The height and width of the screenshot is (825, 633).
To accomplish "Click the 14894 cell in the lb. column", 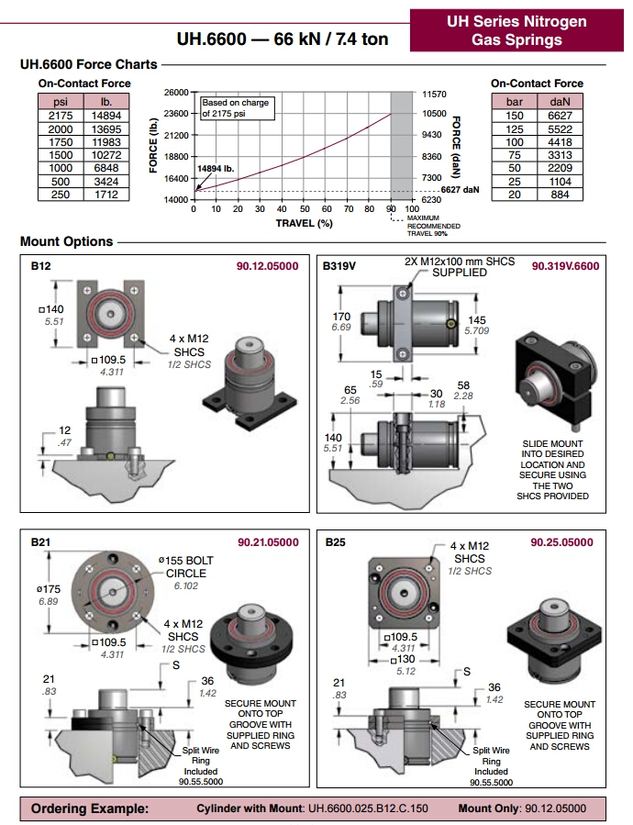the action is coord(106,116).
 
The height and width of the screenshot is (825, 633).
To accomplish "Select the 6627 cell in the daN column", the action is coord(560,116).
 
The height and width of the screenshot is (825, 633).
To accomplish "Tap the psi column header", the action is coord(61,102).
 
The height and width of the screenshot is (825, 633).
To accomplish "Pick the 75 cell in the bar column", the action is coord(514,155).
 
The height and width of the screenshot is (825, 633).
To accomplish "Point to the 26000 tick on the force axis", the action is coord(176,93).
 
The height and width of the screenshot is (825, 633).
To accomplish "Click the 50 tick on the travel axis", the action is coord(305,209).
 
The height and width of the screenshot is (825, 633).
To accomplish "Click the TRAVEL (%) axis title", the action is coord(305,223).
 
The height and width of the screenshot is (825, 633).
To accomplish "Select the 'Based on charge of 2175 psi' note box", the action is coord(237,108).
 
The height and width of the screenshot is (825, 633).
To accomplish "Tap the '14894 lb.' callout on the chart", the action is coord(216,169).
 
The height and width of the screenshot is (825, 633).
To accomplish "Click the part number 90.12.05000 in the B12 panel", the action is coord(267,266).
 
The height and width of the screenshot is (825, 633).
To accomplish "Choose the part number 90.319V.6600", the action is coord(565,266).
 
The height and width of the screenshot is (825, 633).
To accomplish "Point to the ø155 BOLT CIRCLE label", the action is coord(185,567).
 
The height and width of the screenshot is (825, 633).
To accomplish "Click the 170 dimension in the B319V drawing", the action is coord(341,317).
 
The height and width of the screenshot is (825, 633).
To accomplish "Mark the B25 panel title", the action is coord(335,542).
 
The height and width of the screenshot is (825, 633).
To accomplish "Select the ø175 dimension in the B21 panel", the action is coord(49,589).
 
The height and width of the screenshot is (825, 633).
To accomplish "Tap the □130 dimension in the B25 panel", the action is coord(403,659).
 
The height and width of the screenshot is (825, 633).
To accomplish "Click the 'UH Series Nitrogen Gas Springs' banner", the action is coord(516,30).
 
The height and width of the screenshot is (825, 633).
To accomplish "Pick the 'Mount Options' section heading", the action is coord(66,241).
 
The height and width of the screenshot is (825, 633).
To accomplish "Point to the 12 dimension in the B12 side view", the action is coord(65,430).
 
